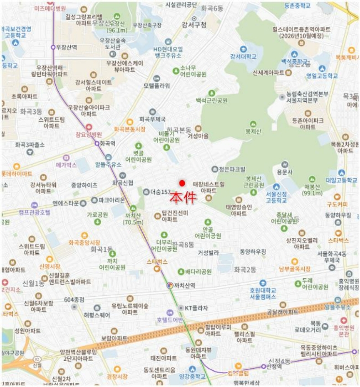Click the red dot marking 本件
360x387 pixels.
(181, 183)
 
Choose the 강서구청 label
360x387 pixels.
(193, 25)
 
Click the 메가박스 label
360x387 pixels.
(66, 165)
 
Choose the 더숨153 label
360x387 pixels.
(159, 192)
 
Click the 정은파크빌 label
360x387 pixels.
(232, 169)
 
